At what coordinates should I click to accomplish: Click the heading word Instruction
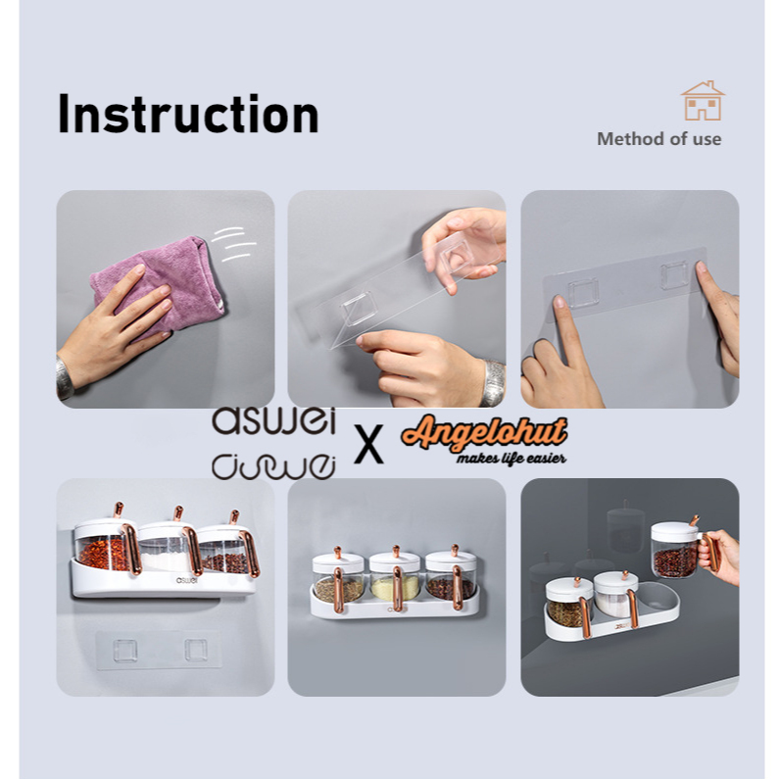[188, 114]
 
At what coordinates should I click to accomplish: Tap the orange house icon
[703, 101]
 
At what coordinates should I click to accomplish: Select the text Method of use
[658, 138]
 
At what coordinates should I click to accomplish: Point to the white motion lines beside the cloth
[233, 244]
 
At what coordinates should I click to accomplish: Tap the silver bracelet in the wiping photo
[65, 378]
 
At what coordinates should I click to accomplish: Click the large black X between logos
[368, 444]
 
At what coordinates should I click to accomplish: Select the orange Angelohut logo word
[484, 432]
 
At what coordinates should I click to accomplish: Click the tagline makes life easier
[511, 458]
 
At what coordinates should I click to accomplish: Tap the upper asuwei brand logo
[273, 420]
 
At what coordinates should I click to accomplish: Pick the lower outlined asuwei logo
[273, 466]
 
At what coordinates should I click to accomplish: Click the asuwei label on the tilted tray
[187, 580]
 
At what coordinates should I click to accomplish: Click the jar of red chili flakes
[105, 546]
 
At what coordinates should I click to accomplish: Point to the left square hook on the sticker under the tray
[125, 651]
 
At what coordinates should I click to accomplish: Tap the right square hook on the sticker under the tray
[196, 650]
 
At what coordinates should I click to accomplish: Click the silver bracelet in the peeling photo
[494, 382]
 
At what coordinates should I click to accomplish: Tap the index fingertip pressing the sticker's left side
[560, 302]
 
